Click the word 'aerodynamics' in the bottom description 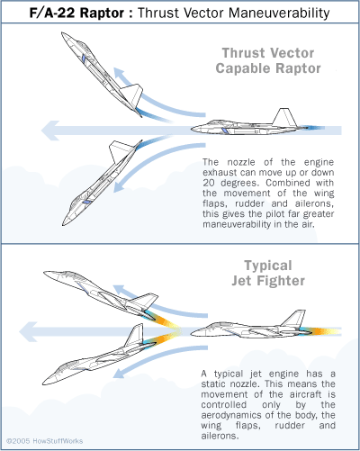237,407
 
